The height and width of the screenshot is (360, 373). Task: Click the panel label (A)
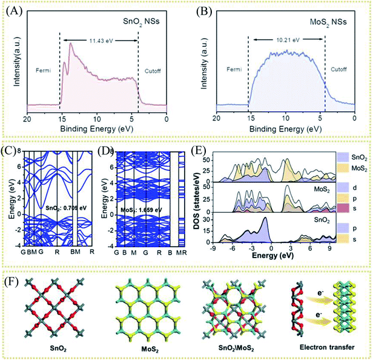pos(13,10)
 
